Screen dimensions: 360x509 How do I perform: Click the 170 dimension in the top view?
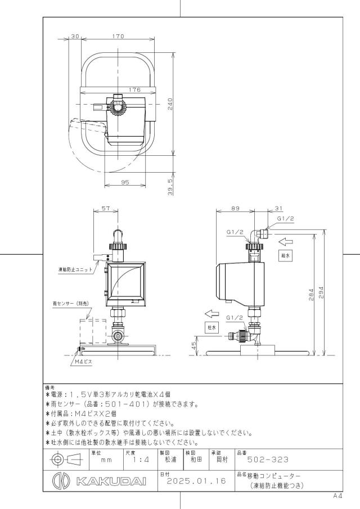118,37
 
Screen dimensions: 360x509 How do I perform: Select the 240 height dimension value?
170,104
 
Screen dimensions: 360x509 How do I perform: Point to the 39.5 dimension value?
170,187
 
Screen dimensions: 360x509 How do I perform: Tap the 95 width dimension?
125,182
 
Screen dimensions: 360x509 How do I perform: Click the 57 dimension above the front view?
106,209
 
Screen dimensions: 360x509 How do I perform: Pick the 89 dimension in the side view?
235,209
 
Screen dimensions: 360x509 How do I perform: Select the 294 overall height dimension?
322,293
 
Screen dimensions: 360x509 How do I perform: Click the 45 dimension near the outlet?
194,346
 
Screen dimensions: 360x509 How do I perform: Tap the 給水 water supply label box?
285,255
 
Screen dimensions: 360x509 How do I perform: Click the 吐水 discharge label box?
211,327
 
